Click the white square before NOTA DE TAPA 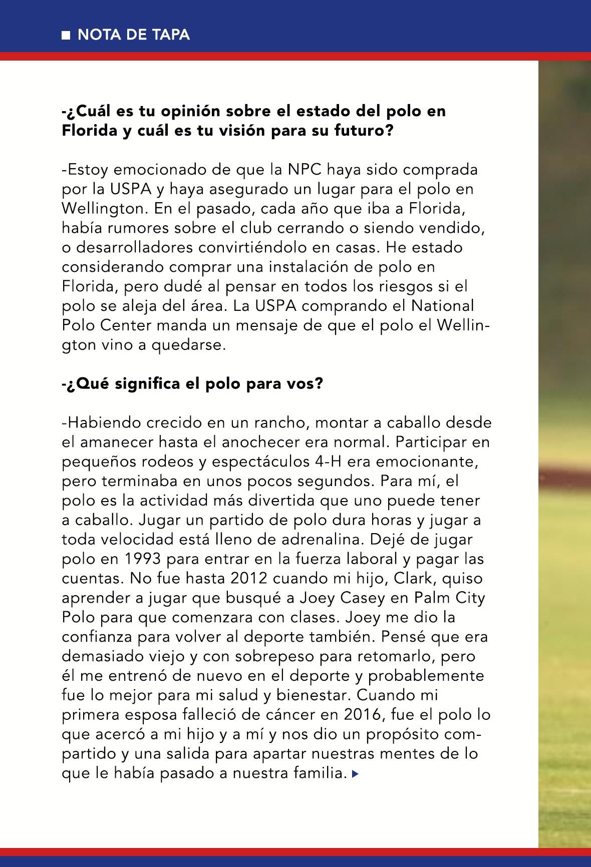coord(65,35)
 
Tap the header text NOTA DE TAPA coord(134,35)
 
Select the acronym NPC coord(305,170)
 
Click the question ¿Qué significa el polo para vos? coord(192,384)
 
